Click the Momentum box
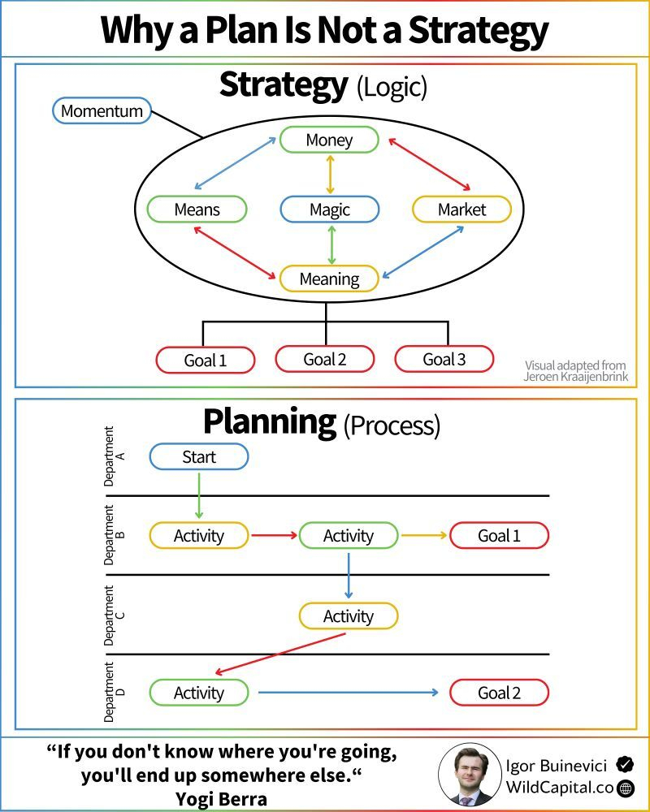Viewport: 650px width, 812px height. point(102,110)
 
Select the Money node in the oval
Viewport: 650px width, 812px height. point(329,140)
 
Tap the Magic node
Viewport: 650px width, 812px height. point(330,209)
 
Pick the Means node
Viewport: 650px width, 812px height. point(197,209)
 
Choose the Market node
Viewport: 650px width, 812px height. point(461,209)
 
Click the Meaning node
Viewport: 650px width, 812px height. point(329,279)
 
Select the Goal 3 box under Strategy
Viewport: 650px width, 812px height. point(444,359)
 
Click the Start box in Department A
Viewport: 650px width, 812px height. point(199,456)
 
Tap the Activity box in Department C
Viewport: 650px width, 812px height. point(349,616)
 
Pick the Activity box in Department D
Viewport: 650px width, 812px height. point(199,693)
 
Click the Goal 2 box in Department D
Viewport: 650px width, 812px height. point(499,693)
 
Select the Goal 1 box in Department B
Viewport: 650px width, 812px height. point(499,535)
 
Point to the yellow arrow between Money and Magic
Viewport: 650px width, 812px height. point(330,175)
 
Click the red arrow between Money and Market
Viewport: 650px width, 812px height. point(429,164)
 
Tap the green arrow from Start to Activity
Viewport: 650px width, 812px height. point(199,495)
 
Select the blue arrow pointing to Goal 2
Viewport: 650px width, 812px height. point(349,693)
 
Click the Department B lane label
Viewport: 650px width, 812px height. point(114,535)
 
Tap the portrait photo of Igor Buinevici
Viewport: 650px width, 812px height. point(470,775)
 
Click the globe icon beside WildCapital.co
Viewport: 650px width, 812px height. point(626,788)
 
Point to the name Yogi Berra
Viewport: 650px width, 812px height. point(222,799)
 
